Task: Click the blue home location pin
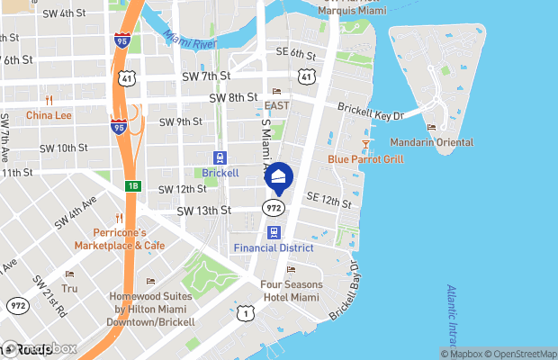[x=279, y=177]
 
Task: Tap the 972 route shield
[x=274, y=208]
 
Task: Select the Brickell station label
[x=220, y=172]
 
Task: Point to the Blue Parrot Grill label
[x=364, y=159]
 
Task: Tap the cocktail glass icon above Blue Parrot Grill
[x=365, y=144]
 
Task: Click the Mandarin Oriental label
[x=432, y=142]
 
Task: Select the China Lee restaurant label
[x=49, y=115]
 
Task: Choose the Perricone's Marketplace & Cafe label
[x=119, y=238]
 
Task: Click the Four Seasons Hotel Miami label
[x=292, y=291]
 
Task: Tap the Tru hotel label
[x=70, y=288]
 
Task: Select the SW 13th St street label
[x=204, y=210]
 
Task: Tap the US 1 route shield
[x=246, y=312]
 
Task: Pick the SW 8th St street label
[x=233, y=97]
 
